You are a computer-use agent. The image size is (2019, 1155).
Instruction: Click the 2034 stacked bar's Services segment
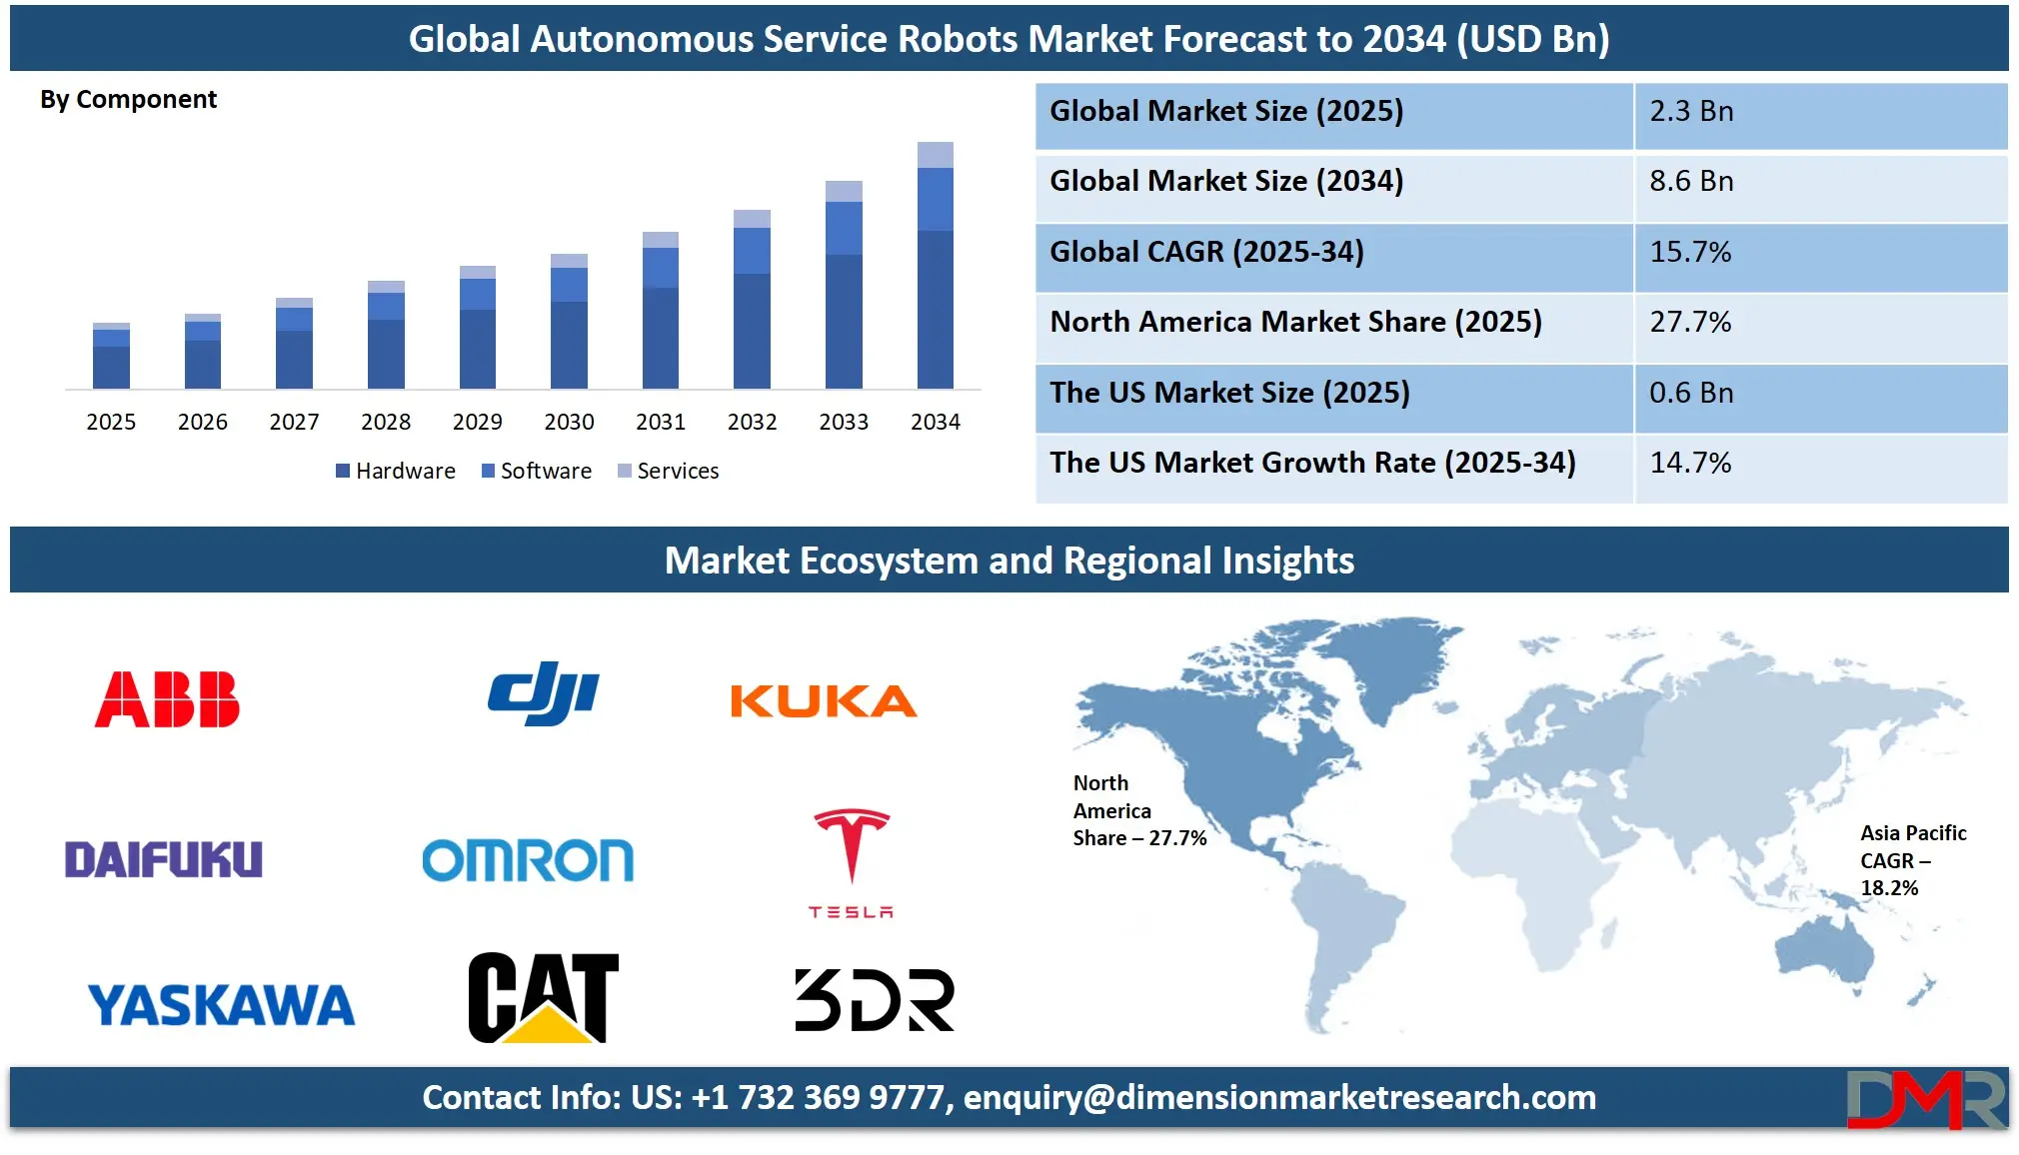(x=935, y=155)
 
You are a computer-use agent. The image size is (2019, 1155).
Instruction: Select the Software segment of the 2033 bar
(x=844, y=229)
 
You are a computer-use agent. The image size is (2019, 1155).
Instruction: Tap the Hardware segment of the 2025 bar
(x=111, y=368)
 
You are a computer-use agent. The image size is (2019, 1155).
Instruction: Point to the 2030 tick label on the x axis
(x=569, y=422)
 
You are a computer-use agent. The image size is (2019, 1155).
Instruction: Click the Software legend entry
(x=537, y=471)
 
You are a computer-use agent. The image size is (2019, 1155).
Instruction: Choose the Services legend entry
(x=668, y=471)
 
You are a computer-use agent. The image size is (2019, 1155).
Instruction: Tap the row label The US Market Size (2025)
(x=1229, y=393)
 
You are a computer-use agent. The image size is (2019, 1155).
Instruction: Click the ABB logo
(x=167, y=699)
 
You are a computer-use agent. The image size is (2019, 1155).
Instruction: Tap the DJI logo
(x=544, y=693)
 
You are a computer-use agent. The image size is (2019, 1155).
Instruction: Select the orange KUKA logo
(x=823, y=701)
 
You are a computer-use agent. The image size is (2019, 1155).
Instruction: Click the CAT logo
(x=544, y=997)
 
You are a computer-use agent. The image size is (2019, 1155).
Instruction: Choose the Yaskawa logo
(x=221, y=1005)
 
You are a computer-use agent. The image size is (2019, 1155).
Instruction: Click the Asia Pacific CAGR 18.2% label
(x=1913, y=860)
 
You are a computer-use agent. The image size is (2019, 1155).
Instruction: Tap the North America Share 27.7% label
(x=1139, y=810)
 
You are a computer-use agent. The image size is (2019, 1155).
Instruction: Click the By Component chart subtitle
(x=128, y=100)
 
